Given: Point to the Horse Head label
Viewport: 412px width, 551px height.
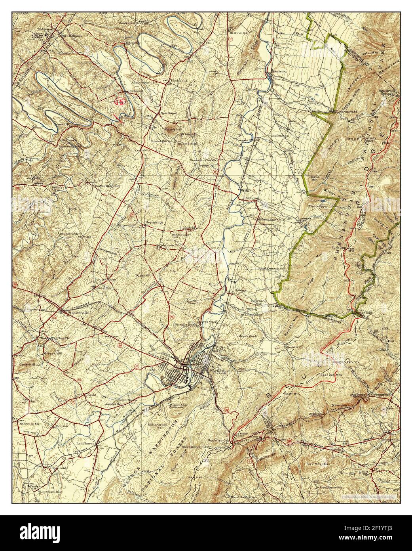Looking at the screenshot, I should (348, 112).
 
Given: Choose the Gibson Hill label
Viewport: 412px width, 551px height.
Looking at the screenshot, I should (53, 352).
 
